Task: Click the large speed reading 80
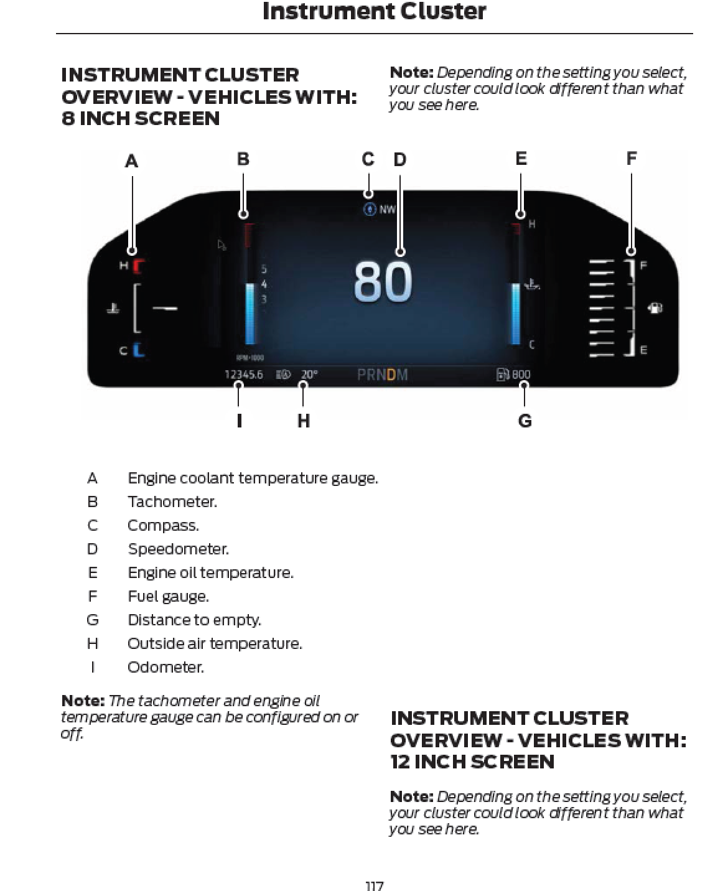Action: (383, 282)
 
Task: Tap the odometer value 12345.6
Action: (244, 375)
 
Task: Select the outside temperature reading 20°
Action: (309, 375)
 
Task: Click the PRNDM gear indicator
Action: (383, 375)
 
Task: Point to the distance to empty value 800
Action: (521, 375)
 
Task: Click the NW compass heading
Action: (387, 210)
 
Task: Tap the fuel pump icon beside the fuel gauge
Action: (655, 307)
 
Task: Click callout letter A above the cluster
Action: (131, 161)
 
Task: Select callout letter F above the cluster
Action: (632, 159)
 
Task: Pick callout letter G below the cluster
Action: (525, 421)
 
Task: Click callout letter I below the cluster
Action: (240, 421)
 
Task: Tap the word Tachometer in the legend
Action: (172, 502)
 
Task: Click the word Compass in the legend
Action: (163, 526)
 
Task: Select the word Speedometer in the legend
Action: (178, 549)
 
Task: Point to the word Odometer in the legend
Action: (166, 668)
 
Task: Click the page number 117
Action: (374, 885)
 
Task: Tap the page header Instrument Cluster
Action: (374, 11)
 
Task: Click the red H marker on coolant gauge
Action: (138, 266)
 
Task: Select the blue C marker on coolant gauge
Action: (138, 350)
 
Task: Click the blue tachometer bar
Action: (250, 314)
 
